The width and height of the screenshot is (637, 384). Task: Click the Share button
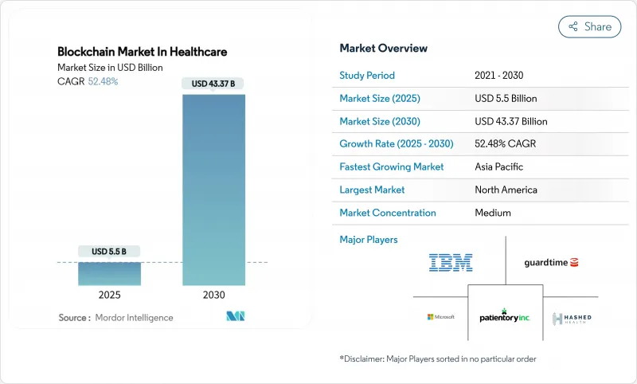tap(589, 26)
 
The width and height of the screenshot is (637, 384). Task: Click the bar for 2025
tap(109, 273)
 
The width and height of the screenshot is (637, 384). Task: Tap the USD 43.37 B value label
tap(213, 84)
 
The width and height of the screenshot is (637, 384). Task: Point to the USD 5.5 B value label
tap(109, 252)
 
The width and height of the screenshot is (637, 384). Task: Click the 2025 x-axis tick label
tap(109, 295)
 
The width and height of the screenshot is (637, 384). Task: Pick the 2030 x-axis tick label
tap(213, 295)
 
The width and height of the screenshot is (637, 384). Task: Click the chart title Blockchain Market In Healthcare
tap(142, 52)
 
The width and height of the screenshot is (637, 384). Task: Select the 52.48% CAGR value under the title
tap(103, 81)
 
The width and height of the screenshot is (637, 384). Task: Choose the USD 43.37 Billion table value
tap(510, 121)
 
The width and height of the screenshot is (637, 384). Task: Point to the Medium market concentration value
tap(492, 213)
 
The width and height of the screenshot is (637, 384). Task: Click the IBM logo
tap(451, 262)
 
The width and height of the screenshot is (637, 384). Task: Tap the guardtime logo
tap(551, 262)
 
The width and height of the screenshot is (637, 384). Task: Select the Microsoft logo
tap(440, 316)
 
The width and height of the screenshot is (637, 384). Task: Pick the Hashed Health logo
tap(572, 318)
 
